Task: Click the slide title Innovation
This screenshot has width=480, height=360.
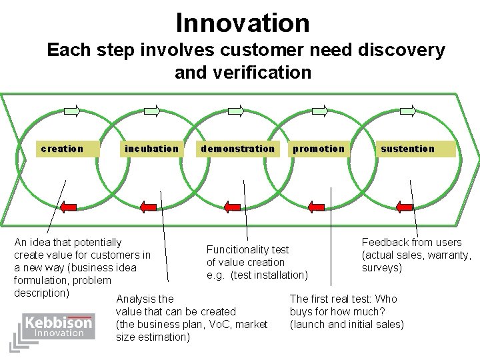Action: coord(243,23)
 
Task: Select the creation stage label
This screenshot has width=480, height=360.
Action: coord(62,149)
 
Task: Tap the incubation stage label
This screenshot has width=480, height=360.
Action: coord(151,149)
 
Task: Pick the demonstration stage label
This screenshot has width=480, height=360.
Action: coord(237,149)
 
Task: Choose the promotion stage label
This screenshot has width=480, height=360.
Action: coord(319,149)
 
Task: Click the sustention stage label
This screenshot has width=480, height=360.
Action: coord(407,149)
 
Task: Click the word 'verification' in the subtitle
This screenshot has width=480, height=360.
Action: coord(243,73)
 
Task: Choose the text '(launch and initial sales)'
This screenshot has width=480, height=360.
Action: coord(347,324)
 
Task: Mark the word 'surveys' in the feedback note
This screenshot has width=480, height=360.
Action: coord(381,268)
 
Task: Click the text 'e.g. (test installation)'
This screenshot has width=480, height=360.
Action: coord(257,275)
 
